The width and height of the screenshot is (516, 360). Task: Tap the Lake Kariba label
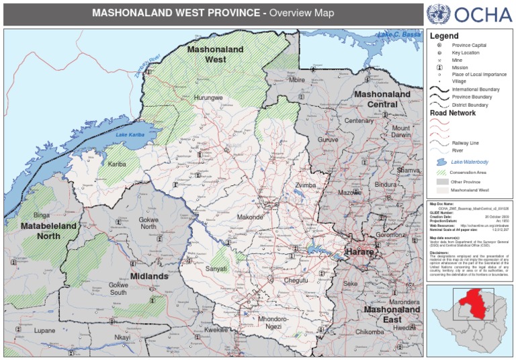click(130, 135)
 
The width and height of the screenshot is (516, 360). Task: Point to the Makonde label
click(250, 217)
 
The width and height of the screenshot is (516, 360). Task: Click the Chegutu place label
click(296, 280)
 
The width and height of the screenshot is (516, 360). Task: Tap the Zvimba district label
click(305, 185)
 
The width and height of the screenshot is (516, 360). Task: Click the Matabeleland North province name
click(48, 231)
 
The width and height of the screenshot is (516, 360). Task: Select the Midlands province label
click(149, 275)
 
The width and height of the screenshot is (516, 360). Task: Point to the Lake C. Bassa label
click(398, 34)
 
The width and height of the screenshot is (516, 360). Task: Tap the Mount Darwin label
click(401, 132)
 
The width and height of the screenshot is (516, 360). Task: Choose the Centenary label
click(359, 121)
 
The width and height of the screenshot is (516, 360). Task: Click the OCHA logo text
click(483, 14)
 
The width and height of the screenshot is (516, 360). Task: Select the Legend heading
click(444, 36)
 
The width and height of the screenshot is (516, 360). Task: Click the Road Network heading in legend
click(453, 114)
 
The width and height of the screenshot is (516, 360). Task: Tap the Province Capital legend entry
click(469, 44)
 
